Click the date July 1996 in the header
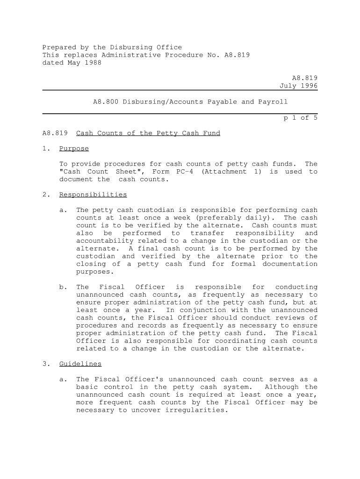298,86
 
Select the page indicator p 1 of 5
300,118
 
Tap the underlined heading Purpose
74,149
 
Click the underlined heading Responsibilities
93,195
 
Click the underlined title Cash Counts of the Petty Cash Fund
148,133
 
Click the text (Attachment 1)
231,172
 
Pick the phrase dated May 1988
72,63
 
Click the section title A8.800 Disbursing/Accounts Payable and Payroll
190,102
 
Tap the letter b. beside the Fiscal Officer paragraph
64,287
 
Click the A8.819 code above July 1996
305,79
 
